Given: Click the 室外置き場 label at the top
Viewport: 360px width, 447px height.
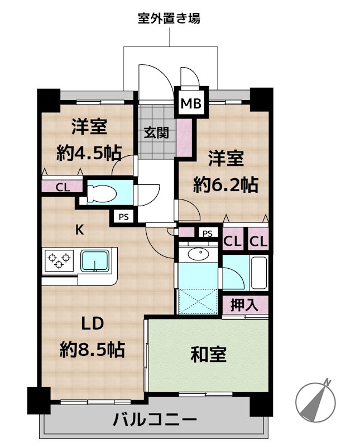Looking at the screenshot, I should (x=169, y=18).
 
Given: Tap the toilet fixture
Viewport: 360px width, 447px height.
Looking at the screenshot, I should (x=103, y=193).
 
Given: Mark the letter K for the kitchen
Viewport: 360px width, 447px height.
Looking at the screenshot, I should (x=80, y=229).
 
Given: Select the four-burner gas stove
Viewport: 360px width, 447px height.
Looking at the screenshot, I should (x=60, y=260).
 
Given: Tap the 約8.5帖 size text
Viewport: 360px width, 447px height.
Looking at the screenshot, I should (x=92, y=350).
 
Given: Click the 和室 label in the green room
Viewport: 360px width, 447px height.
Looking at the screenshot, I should (x=209, y=354).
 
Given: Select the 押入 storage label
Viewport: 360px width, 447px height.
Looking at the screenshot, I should (x=245, y=305).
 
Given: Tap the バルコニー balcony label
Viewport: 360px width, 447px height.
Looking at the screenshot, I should (x=153, y=419).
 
